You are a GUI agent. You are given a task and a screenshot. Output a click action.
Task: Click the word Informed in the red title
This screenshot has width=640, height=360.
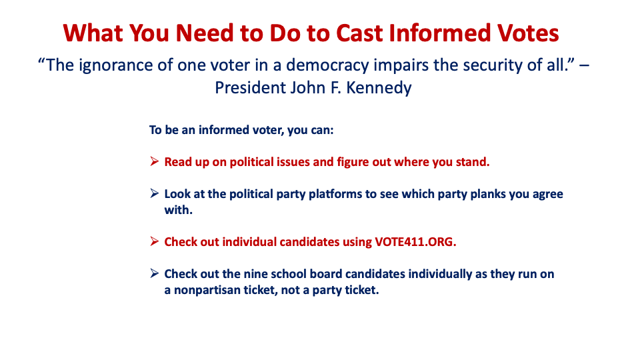(439, 33)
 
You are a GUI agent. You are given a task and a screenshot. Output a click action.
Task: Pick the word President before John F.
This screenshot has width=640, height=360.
(250, 88)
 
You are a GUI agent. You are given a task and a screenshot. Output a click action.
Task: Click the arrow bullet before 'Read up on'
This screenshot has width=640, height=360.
(154, 161)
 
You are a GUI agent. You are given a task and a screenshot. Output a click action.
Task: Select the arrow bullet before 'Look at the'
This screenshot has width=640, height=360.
(154, 193)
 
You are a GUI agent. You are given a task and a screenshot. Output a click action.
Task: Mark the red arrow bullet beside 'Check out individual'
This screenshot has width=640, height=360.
(154, 241)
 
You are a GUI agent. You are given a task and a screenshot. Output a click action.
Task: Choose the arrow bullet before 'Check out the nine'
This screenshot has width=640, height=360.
(154, 273)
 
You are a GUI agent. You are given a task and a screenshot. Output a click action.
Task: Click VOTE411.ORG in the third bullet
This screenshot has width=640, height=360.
(415, 242)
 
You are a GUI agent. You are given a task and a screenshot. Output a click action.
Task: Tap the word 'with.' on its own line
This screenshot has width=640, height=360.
(179, 210)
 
